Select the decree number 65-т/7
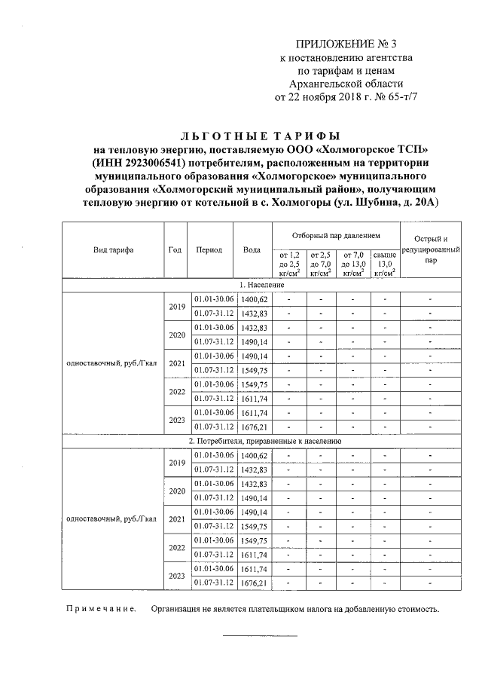pyautogui.click(x=401, y=96)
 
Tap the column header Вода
pyautogui.click(x=252, y=250)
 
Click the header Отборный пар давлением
pyautogui.click(x=334, y=236)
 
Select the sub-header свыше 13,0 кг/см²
pyautogui.click(x=385, y=265)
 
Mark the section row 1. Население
pyautogui.click(x=262, y=286)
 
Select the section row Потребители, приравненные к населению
pyautogui.click(x=264, y=441)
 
